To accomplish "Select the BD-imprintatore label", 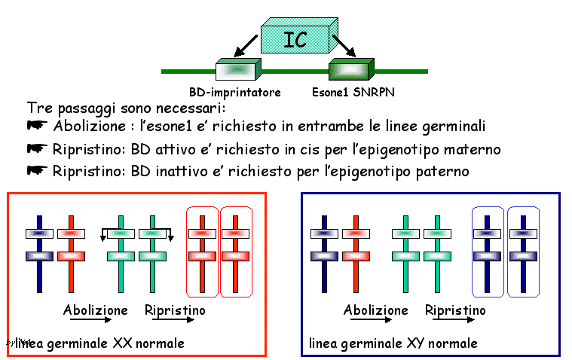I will click(234, 93).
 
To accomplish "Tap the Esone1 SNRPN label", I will click(353, 93).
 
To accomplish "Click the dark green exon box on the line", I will click(348, 71).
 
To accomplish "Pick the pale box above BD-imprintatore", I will click(238, 71).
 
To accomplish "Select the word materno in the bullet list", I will click(471, 148).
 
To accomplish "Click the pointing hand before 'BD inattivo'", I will click(37, 171).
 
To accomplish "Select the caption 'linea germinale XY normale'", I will click(393, 344).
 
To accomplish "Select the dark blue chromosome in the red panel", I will click(40, 254).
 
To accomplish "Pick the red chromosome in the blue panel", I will click(356, 254).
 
